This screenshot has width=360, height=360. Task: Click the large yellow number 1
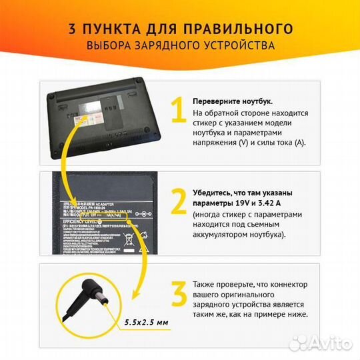pos(177,111)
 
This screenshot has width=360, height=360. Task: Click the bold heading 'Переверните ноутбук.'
pos(232,101)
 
